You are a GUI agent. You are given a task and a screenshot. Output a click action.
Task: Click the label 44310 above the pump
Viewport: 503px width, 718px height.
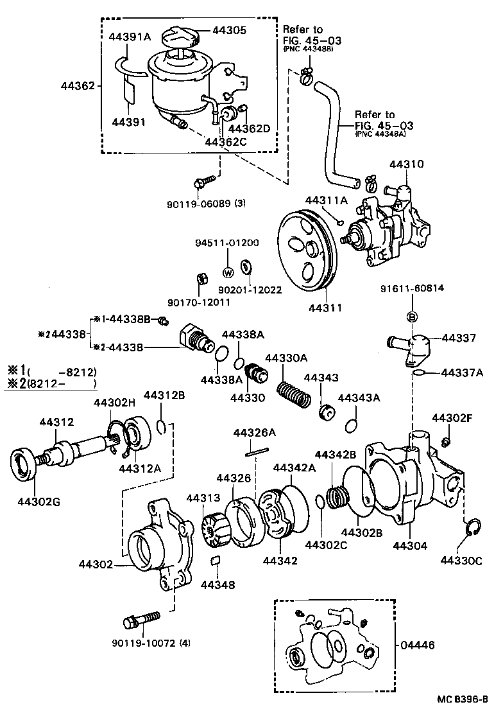(406, 164)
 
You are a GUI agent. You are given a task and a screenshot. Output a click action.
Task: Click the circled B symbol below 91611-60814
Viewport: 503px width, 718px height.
(413, 317)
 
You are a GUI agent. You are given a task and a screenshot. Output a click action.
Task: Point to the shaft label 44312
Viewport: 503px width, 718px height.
(56, 422)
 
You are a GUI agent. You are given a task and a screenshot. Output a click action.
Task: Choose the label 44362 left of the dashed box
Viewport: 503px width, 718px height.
(78, 85)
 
